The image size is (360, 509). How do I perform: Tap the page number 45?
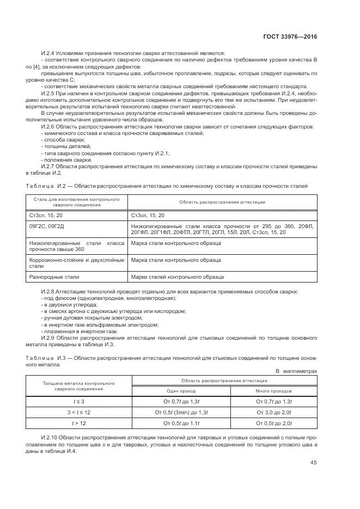[x=314, y=462]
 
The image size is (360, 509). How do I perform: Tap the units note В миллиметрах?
[x=296, y=371]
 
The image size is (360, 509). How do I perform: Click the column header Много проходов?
[x=273, y=391]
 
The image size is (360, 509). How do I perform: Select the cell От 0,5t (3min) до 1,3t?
[x=181, y=412]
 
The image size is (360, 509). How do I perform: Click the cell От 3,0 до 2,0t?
[x=274, y=412]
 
